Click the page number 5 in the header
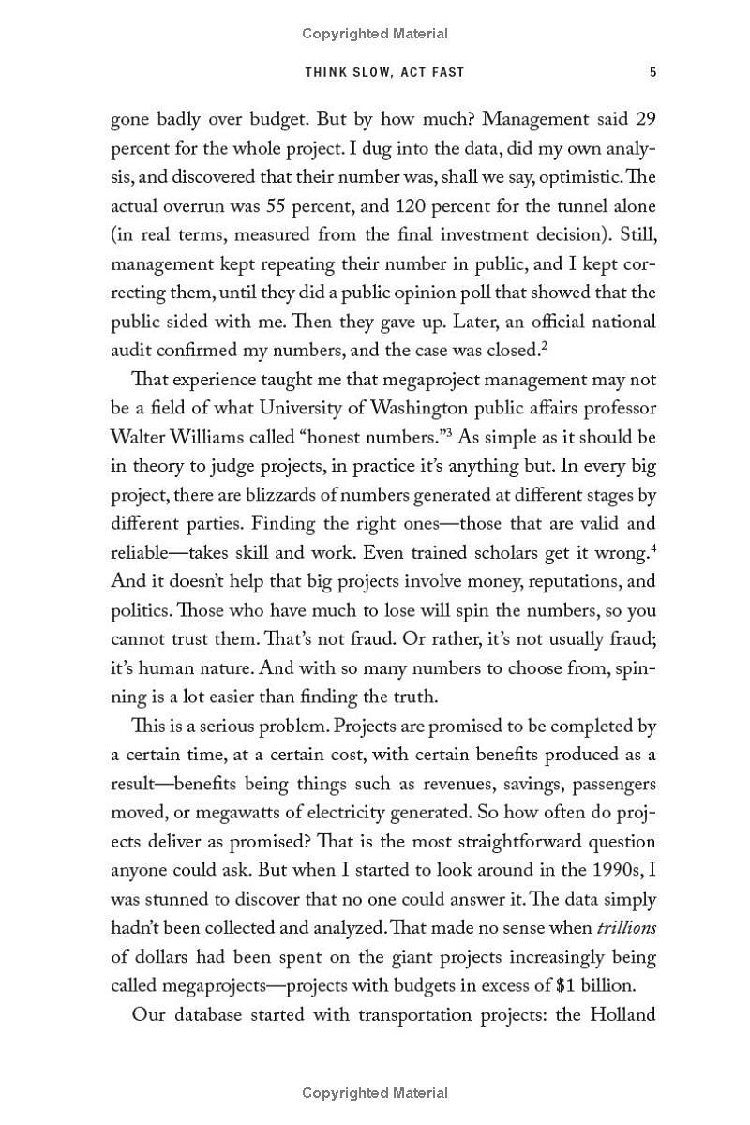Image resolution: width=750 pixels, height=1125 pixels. (652, 72)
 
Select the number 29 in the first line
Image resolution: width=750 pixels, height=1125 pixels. (645, 120)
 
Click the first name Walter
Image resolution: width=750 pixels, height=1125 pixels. (139, 438)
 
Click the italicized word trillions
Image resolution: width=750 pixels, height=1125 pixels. (625, 928)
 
